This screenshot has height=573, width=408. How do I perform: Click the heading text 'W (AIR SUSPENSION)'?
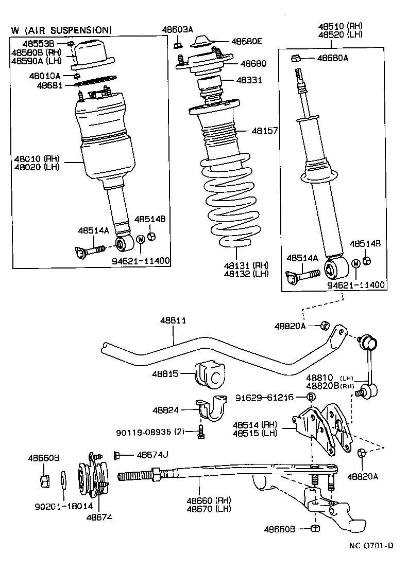click(61, 30)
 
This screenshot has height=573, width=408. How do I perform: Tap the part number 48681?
click(49, 85)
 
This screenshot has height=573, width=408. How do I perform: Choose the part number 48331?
click(249, 80)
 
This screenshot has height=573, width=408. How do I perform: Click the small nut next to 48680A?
click(296, 58)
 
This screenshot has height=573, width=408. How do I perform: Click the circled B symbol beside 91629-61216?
click(311, 397)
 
